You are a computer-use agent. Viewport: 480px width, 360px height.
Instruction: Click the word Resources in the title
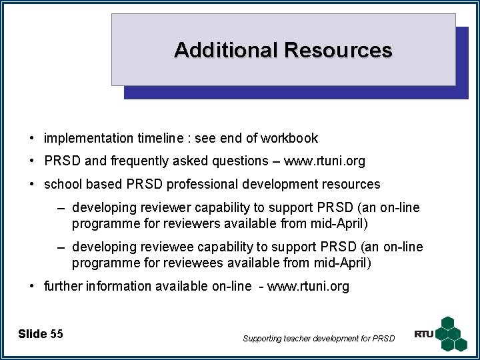[337, 50]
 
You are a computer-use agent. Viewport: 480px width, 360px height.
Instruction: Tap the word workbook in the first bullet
[289, 139]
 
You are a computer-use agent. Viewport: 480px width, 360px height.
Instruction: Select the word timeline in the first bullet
[161, 139]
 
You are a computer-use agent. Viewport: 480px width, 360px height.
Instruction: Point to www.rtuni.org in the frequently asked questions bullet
[324, 161]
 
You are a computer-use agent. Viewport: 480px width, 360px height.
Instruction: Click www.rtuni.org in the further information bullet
[308, 287]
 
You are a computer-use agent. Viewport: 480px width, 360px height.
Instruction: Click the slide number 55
[57, 334]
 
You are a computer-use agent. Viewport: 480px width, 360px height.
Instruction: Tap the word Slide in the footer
[33, 334]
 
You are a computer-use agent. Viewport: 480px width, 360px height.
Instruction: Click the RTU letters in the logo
[424, 334]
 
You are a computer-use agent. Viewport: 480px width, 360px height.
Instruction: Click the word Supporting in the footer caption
[263, 339]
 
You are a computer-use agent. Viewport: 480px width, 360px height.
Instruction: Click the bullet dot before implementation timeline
[32, 139]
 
